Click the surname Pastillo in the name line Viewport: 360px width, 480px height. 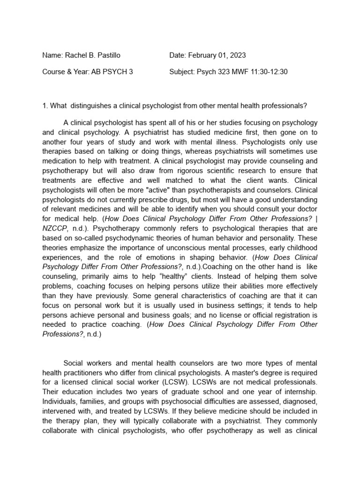click(107, 55)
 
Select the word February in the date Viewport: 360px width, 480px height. click(203, 55)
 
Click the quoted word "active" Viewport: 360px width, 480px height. click(155, 190)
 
